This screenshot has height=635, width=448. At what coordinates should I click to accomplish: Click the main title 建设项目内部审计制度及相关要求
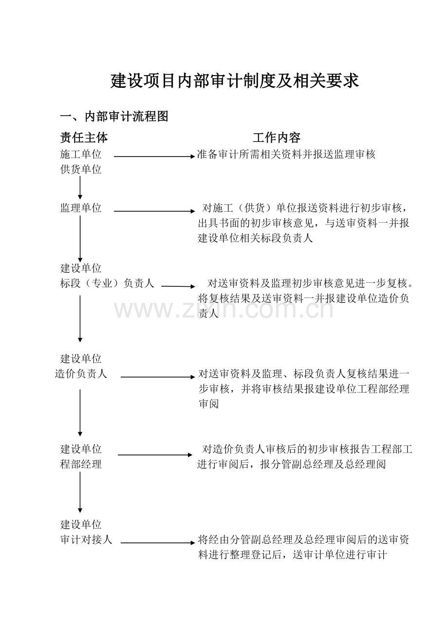click(x=235, y=81)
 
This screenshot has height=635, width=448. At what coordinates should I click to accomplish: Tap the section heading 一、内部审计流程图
click(x=114, y=117)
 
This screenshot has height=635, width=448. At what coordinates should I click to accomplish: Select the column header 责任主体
click(x=84, y=138)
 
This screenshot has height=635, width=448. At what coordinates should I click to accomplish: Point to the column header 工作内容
click(x=277, y=138)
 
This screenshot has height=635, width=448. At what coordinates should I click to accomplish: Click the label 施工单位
click(x=81, y=155)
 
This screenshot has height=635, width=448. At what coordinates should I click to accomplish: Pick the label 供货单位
click(x=81, y=170)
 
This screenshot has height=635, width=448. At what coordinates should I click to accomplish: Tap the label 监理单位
click(x=81, y=208)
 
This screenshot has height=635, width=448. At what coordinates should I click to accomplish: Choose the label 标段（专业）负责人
click(x=107, y=283)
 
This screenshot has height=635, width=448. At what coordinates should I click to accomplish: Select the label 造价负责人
click(x=81, y=374)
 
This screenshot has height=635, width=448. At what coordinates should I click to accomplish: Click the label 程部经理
click(x=81, y=464)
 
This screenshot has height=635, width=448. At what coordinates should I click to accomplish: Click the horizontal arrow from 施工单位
click(x=154, y=156)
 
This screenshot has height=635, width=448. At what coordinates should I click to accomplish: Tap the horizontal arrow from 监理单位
click(x=154, y=211)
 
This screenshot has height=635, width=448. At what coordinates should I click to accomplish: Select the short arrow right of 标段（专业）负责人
click(x=178, y=286)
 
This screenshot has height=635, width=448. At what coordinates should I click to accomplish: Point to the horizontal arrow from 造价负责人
click(x=158, y=377)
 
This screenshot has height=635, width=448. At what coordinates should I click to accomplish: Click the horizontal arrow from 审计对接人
click(x=158, y=543)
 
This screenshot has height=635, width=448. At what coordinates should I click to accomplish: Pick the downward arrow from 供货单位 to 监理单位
click(x=80, y=188)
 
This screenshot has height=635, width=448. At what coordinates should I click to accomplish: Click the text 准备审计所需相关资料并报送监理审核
click(x=286, y=155)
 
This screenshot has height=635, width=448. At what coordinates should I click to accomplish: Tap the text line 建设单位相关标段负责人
click(x=255, y=238)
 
